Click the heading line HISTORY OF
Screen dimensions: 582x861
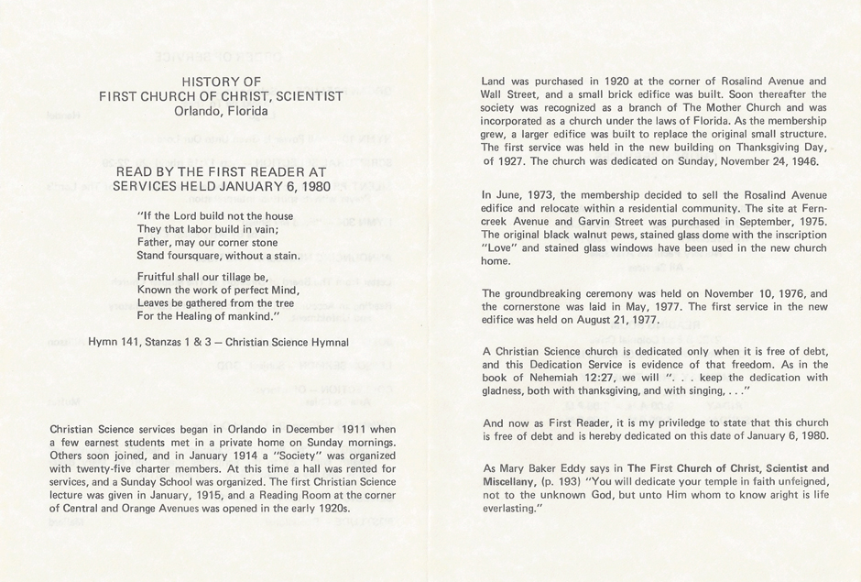(x=221, y=81)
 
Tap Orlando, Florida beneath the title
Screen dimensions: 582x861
(x=221, y=112)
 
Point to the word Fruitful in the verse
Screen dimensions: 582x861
(x=158, y=275)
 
